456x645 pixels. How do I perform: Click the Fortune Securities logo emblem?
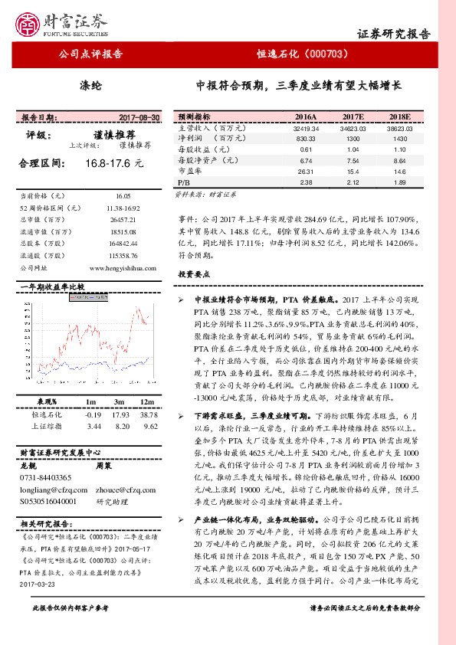pyautogui.click(x=30, y=23)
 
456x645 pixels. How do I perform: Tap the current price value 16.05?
pyautogui.click(x=124, y=196)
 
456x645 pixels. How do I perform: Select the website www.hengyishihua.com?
pyautogui.click(x=124, y=268)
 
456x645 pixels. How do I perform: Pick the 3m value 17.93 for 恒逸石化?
pyautogui.click(x=118, y=414)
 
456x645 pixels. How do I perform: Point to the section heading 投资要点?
pyautogui.click(x=195, y=273)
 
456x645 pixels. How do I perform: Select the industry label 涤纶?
pyautogui.click(x=90, y=85)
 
